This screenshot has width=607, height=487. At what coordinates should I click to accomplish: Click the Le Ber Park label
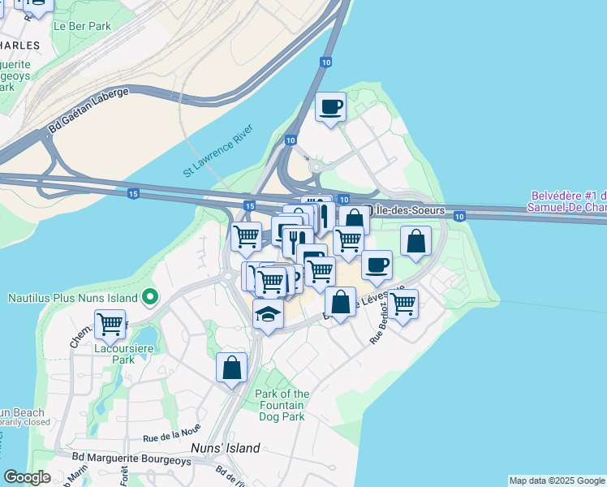[81, 26]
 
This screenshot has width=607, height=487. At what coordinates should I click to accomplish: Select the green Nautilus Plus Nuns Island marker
[149, 298]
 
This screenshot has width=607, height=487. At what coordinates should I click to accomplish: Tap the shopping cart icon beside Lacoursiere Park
[110, 324]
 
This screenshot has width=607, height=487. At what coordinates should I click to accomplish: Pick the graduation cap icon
[268, 313]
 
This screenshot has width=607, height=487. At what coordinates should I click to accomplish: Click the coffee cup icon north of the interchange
[330, 106]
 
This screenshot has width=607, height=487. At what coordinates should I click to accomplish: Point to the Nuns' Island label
[226, 448]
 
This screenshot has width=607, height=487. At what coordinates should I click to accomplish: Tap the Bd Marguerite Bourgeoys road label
[144, 461]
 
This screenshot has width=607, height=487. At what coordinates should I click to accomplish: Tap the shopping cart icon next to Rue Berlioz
[403, 304]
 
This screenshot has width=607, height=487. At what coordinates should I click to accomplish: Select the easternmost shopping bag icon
[415, 241]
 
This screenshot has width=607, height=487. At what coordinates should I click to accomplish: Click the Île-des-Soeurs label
[405, 211]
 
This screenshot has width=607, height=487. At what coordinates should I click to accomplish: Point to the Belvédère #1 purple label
[568, 201]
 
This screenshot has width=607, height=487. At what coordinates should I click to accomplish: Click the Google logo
[28, 477]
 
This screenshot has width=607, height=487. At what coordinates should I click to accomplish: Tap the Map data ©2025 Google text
[556, 481]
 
